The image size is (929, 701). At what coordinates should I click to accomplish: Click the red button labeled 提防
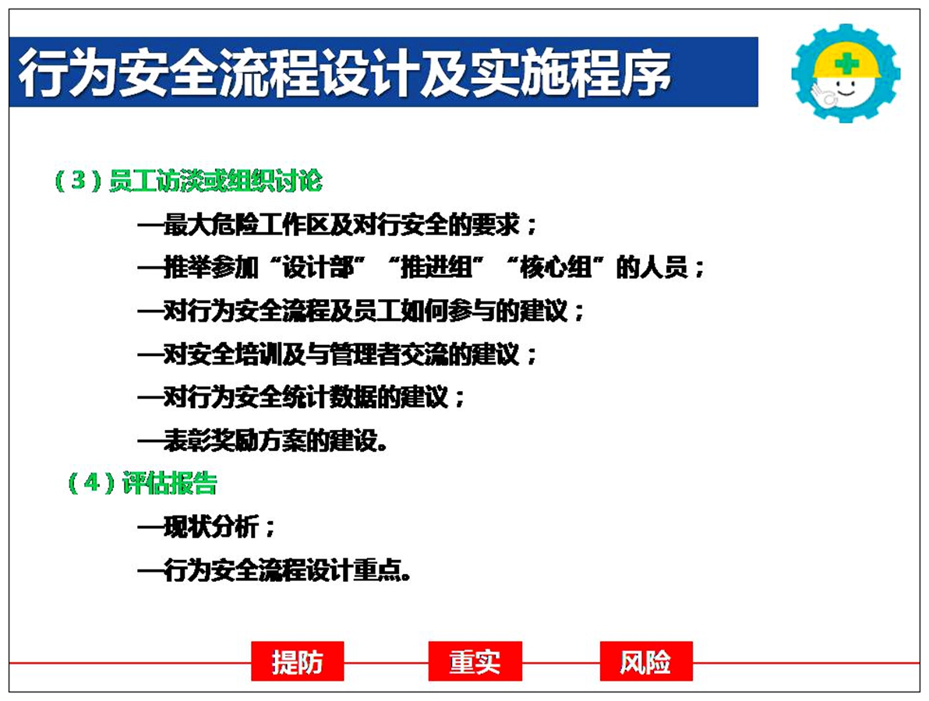[298, 660]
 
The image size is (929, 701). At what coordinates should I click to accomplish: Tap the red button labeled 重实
[475, 660]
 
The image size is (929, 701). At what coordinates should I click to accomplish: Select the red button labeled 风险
[646, 660]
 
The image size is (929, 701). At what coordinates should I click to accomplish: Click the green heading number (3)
[78, 180]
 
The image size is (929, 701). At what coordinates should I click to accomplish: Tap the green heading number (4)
[91, 483]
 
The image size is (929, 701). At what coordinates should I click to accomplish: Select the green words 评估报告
[169, 483]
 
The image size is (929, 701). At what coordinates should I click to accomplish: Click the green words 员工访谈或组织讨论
[216, 181]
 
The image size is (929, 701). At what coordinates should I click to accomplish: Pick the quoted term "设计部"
[317, 267]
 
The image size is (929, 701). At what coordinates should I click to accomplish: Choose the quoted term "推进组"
[436, 267]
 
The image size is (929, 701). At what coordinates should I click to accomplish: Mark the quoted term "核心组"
[555, 267]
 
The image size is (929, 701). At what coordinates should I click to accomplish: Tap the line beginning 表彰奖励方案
[263, 440]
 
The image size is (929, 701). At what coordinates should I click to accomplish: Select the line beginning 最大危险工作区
[337, 224]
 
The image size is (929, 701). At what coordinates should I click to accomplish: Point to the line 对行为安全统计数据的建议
[301, 396]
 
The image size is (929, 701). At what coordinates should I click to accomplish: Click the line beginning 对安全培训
[337, 354]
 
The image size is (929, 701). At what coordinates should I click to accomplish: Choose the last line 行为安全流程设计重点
[274, 570]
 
